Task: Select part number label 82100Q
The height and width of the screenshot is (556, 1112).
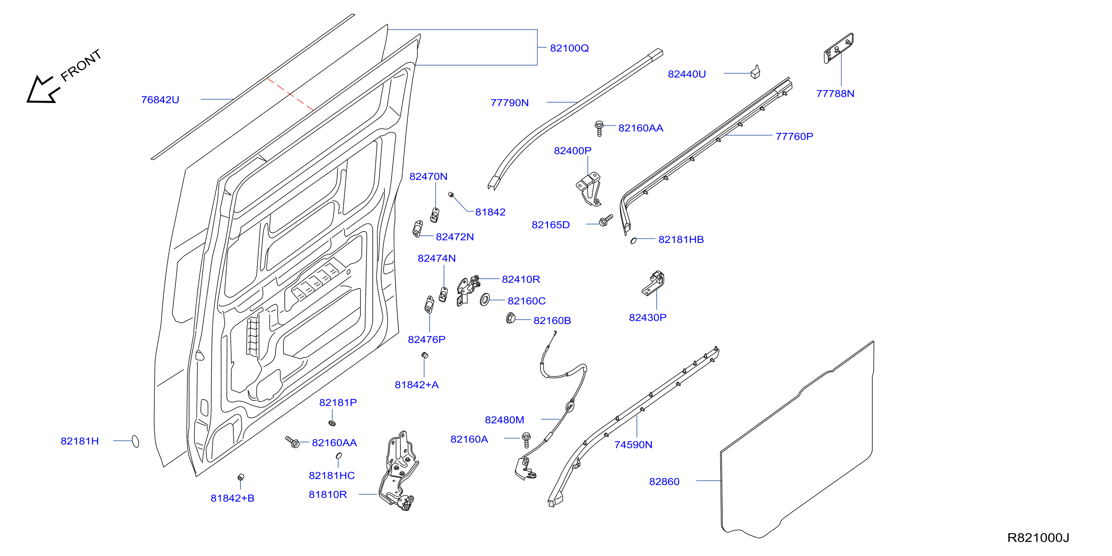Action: (569, 48)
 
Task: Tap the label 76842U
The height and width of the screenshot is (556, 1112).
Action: (160, 100)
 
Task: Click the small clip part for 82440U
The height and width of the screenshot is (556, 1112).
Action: (755, 72)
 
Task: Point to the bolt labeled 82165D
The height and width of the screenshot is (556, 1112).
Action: (605, 220)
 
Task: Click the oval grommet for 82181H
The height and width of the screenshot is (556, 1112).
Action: (135, 441)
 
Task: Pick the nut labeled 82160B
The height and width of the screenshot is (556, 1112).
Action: (510, 318)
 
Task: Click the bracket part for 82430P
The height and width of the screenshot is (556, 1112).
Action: (653, 283)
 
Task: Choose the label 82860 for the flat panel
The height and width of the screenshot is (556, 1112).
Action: (664, 482)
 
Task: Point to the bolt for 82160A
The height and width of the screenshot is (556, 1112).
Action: (526, 439)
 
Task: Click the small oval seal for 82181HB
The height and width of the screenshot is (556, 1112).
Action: (633, 241)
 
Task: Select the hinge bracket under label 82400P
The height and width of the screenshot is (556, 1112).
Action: (588, 189)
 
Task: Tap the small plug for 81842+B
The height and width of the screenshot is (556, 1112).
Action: (241, 477)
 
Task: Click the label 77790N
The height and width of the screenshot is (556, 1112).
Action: (510, 103)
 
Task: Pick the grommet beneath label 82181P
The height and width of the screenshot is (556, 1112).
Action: (332, 423)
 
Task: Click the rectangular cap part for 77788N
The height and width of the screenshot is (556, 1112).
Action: (838, 48)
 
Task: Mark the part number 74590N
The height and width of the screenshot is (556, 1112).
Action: (633, 445)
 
